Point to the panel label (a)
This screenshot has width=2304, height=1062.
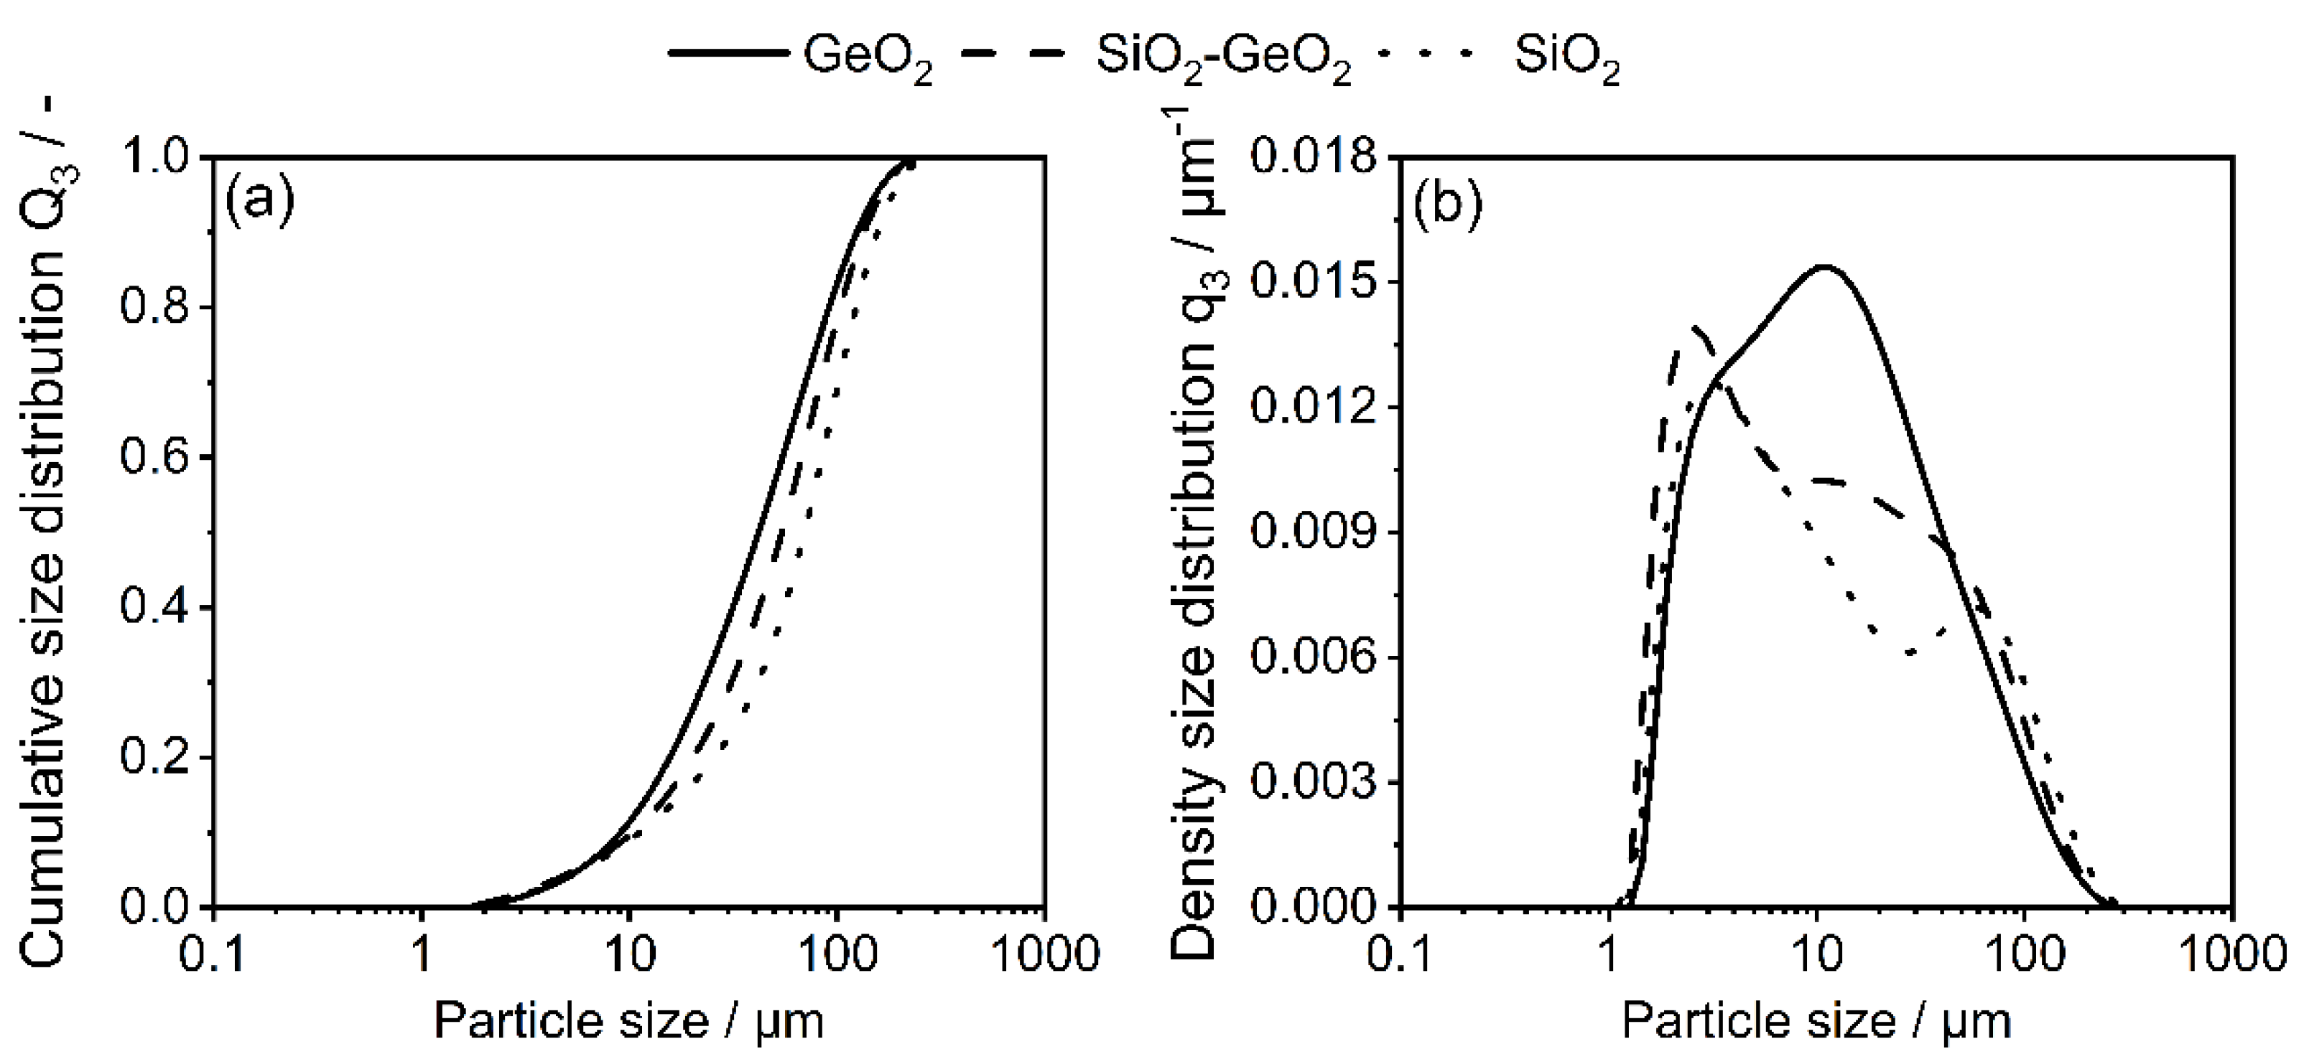(x=259, y=203)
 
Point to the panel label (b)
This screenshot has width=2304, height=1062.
(x=1447, y=203)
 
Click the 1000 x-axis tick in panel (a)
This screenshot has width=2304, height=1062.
(x=1045, y=956)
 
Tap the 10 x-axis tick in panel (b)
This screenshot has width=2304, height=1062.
(x=1816, y=956)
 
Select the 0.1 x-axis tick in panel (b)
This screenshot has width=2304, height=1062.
(x=1399, y=956)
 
